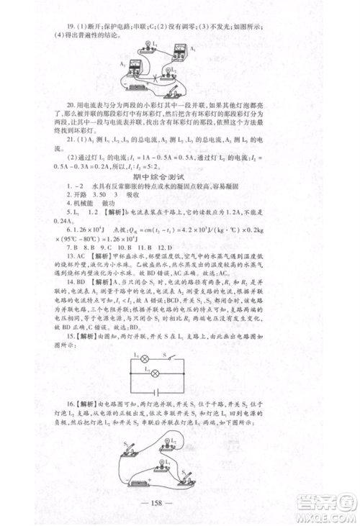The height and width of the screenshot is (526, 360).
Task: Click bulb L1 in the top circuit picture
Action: pos(153,45)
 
